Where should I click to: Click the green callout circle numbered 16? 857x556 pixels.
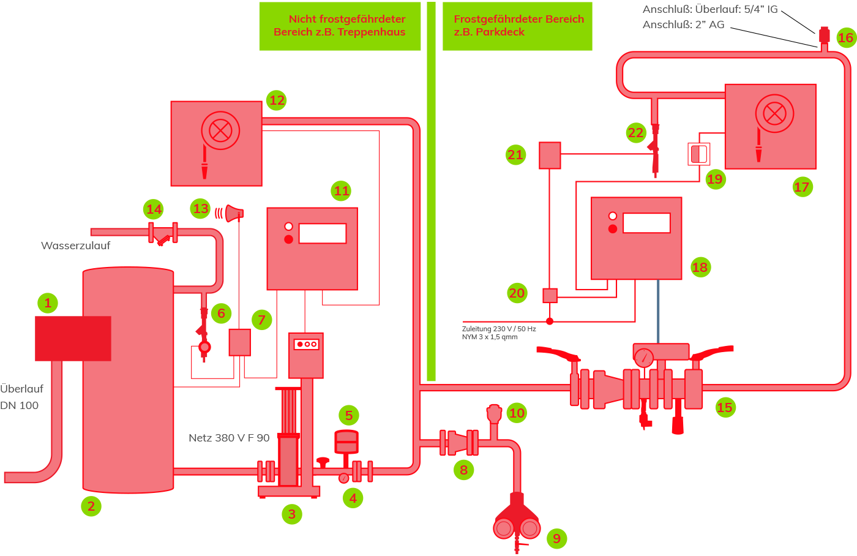pos(846,37)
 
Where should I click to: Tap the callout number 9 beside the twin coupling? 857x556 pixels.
pos(556,538)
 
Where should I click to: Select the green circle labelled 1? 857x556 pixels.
pos(48,303)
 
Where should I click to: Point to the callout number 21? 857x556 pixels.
pos(515,154)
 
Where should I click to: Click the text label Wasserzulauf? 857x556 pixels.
pos(75,246)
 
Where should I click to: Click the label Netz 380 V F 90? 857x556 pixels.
pos(229,438)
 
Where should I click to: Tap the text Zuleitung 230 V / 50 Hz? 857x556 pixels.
pos(499,329)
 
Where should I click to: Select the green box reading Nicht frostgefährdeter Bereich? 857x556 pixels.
pos(340,26)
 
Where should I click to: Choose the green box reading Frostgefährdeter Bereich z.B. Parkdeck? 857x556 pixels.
pos(517,26)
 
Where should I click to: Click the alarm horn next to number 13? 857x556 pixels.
pos(234,214)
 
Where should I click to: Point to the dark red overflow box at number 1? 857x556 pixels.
pos(73,339)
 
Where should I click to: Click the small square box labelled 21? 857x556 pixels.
pos(550,156)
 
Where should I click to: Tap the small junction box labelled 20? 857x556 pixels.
pos(550,296)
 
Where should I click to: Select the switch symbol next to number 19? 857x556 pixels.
pos(699,154)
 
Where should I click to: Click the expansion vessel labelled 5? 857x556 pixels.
pos(346,443)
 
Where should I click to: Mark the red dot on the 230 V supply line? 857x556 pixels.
pos(550,321)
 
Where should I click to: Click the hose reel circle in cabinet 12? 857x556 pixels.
pos(220,130)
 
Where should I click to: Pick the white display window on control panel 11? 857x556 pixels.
pos(323,233)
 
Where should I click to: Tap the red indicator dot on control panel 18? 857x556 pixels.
pos(613,229)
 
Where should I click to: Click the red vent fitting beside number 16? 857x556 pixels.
pos(825,35)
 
